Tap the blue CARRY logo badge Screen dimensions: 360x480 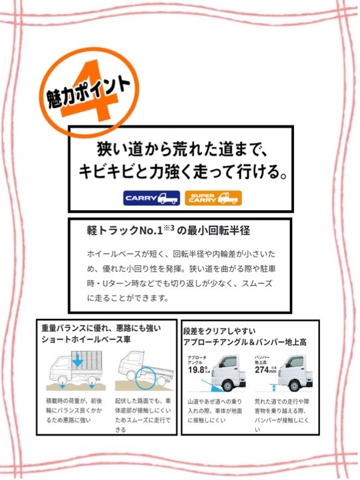click(151, 198)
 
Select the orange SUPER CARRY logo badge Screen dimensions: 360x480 click(214, 198)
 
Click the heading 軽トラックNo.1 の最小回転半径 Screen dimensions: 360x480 click(168, 231)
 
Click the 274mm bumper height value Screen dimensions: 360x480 click(266, 369)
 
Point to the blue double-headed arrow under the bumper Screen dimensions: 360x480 click(274, 388)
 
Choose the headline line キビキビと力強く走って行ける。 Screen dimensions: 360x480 click(183, 172)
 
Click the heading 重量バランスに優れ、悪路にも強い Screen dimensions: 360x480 click(101, 329)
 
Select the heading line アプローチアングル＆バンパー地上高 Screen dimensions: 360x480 click(244, 342)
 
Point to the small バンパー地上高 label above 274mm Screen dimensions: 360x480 click(262, 360)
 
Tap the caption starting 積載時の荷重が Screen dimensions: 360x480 click(74, 410)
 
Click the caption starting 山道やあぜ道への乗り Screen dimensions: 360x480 click(215, 410)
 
